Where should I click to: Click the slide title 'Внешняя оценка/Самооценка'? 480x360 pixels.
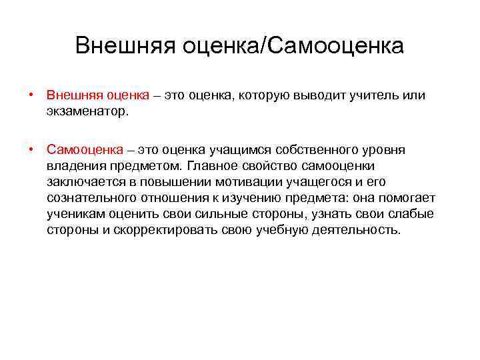pos(239,46)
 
